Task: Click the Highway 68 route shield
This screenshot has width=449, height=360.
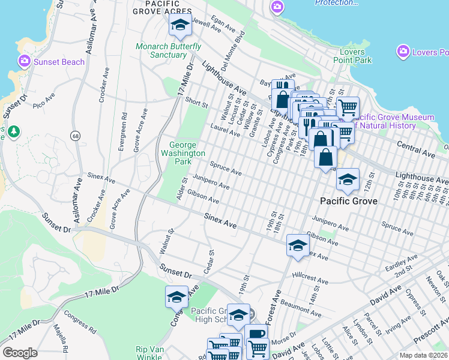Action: pyautogui.click(x=76, y=136)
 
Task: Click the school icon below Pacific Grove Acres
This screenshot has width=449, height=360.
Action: pyautogui.click(x=179, y=25)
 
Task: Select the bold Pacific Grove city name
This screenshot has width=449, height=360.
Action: pyautogui.click(x=349, y=201)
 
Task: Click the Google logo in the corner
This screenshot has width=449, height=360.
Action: pyautogui.click(x=20, y=353)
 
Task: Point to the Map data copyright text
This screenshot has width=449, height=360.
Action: pyautogui.click(x=423, y=355)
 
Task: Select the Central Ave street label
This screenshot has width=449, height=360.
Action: pyautogui.click(x=415, y=149)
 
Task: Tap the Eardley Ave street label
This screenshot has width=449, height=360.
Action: pyautogui.click(x=402, y=262)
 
